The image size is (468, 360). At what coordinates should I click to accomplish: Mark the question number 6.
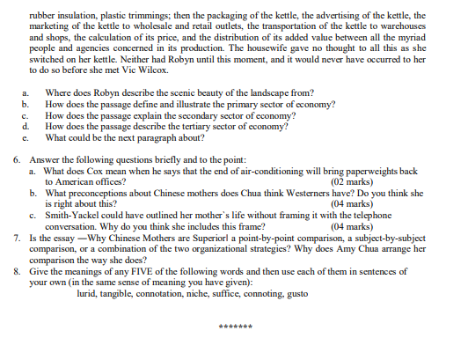[18, 160]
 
